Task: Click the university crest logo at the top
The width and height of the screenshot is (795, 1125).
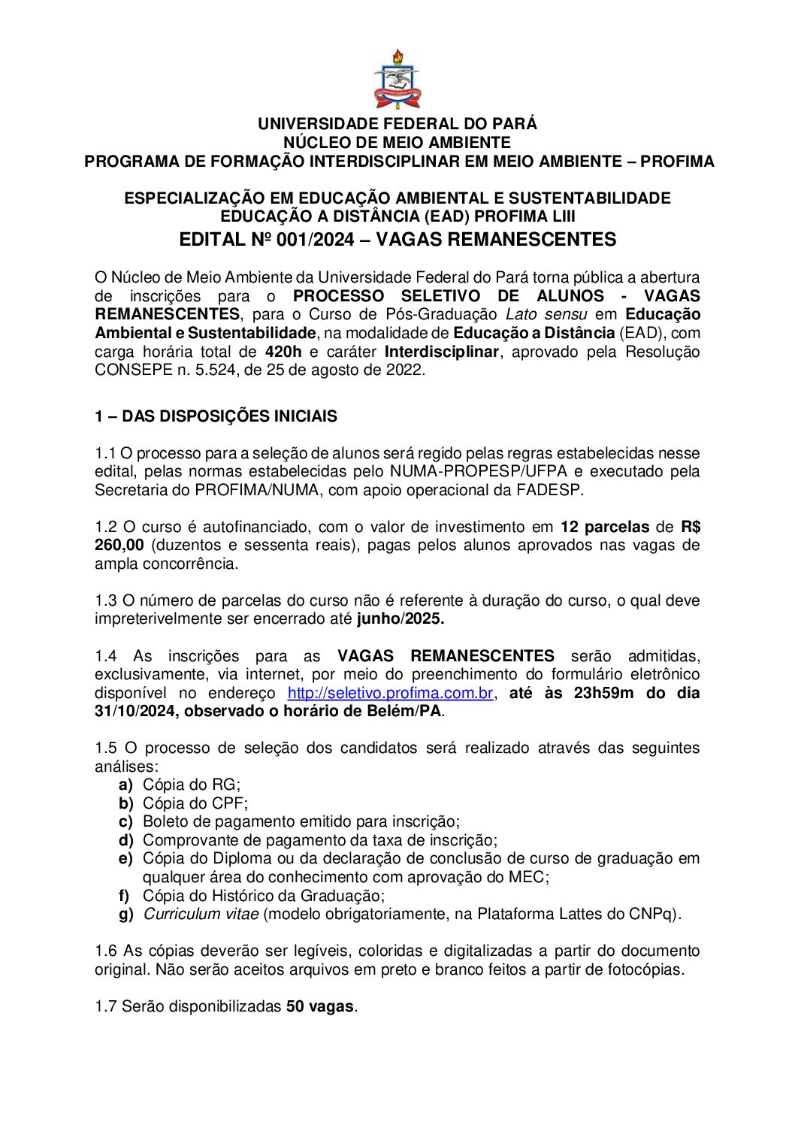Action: click(397, 80)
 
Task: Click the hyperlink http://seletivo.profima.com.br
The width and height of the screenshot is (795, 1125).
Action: click(390, 693)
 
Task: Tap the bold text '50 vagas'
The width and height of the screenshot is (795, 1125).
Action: click(320, 1006)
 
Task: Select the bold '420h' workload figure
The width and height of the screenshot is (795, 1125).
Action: click(283, 352)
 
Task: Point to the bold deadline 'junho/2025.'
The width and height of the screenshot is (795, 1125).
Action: click(401, 619)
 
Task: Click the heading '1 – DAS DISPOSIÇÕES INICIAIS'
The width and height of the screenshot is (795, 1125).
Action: click(216, 416)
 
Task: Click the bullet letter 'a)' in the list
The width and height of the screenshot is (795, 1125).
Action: click(125, 785)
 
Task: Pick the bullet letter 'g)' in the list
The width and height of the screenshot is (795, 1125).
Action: click(125, 915)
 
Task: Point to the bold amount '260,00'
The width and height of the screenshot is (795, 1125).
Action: click(119, 546)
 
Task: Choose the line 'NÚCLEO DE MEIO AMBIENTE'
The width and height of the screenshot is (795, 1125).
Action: click(397, 143)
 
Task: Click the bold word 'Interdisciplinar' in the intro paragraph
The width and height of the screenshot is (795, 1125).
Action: click(441, 352)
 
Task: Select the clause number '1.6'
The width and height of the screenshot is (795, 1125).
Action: click(106, 951)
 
